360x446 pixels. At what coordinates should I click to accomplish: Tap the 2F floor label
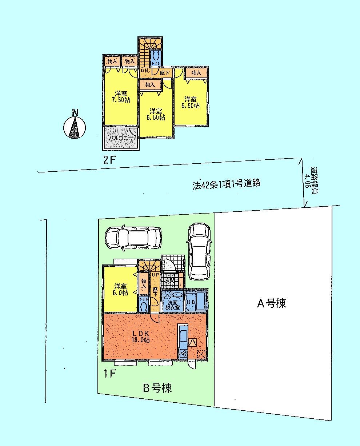[109, 160]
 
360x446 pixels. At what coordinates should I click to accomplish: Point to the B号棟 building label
[157, 388]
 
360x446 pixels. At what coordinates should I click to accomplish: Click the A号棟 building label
[272, 303]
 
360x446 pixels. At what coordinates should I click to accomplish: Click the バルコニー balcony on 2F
[120, 138]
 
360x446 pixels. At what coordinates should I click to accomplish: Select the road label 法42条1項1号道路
[227, 184]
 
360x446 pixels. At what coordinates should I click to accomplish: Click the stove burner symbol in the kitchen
[183, 353]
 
